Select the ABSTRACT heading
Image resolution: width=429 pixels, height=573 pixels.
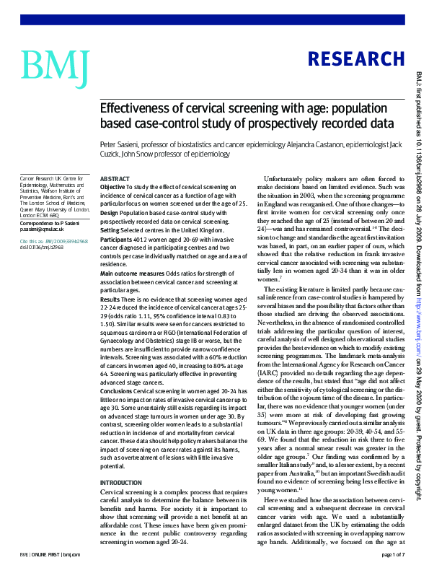pyautogui.click(x=115, y=178)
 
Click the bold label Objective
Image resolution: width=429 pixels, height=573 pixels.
pyautogui.click(x=112, y=187)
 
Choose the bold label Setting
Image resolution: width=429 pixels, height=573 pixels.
pyautogui.click(x=110, y=222)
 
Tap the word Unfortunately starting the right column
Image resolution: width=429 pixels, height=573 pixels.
pyautogui.click(x=283, y=178)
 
